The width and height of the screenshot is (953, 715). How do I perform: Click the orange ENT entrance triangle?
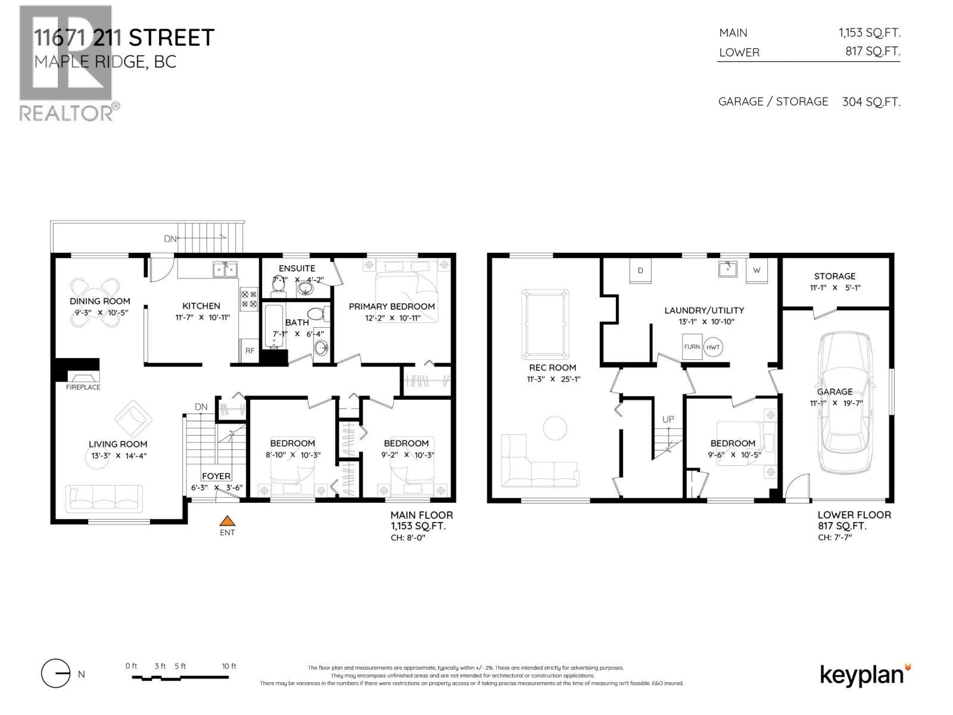227,521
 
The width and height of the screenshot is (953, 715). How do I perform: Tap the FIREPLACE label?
83,387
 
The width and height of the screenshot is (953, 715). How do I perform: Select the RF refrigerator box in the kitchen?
250,351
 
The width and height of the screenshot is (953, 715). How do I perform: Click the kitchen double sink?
225,271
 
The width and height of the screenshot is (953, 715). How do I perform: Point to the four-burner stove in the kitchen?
249,299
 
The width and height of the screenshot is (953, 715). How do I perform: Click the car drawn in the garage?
845,403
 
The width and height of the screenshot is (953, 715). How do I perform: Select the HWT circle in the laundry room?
713,347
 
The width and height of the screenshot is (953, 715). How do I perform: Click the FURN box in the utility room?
692,347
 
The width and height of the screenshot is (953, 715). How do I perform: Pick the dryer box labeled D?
640,271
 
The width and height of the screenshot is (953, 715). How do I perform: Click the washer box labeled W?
756,271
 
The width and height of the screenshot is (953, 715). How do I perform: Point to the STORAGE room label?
834,276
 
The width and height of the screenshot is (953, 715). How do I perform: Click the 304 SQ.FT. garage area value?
871,102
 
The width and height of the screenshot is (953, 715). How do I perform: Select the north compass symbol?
55,674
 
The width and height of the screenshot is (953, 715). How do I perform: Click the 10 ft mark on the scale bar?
229,666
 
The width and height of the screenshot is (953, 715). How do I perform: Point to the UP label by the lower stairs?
668,419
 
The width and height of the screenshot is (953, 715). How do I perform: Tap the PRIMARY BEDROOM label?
391,306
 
